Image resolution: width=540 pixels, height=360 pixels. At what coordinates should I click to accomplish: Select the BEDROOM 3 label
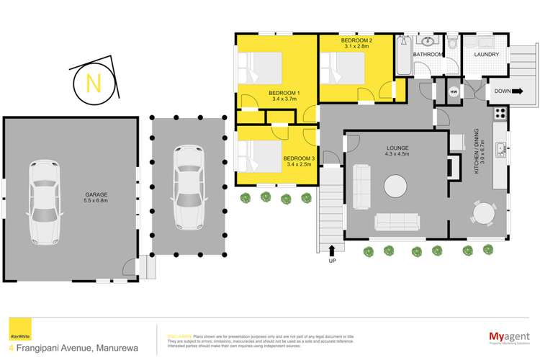coord(297,161)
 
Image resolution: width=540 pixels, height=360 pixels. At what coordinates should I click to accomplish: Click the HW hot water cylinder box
coord(454,92)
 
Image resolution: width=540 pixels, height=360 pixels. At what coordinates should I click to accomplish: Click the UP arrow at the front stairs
coord(332,252)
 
